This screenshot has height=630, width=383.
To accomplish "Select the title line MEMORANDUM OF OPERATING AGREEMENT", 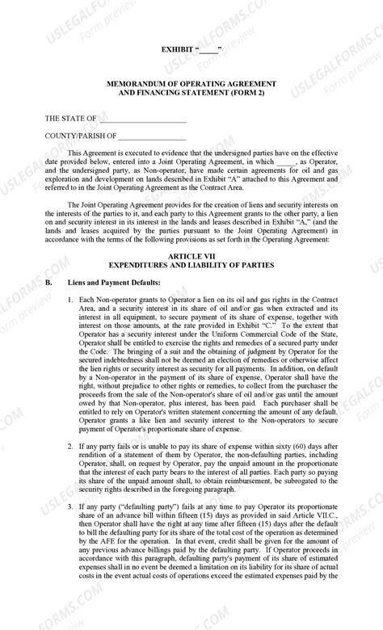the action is pyautogui.click(x=191, y=84).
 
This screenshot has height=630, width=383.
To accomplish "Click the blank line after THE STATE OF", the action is pyautogui.click(x=142, y=120).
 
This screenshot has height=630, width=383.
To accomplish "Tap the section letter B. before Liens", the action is pyautogui.click(x=49, y=282).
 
